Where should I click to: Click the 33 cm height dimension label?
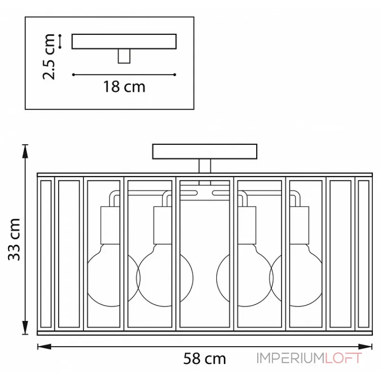(x=14, y=240)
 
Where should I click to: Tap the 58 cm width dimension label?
(x=205, y=359)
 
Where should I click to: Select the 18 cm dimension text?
(x=124, y=87)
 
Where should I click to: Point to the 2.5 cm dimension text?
(x=49, y=57)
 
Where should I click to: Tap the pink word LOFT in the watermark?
(x=343, y=358)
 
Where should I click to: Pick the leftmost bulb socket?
(x=110, y=225)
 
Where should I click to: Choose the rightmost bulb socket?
(x=300, y=225)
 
